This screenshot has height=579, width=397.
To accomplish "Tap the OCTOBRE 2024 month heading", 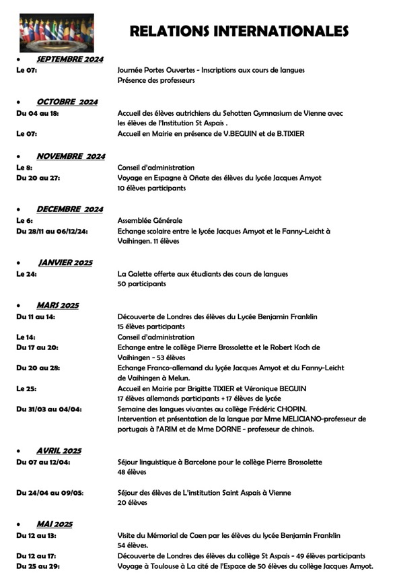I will pyautogui.click(x=67, y=102).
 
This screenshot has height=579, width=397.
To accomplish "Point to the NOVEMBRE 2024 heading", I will pyautogui.click(x=70, y=156).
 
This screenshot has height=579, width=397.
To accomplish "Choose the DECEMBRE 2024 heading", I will pyautogui.click(x=69, y=209).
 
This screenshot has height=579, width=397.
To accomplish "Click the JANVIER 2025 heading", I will pyautogui.click(x=65, y=263).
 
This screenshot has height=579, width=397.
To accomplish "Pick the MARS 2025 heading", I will pyautogui.click(x=57, y=305).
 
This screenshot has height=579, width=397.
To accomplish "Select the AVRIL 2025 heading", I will pyautogui.click(x=59, y=450).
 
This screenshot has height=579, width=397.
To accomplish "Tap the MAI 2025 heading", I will pyautogui.click(x=55, y=524).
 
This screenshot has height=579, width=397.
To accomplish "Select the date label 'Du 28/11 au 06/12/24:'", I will pyautogui.click(x=57, y=231).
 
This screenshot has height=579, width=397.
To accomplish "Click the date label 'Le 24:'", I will pyautogui.click(x=26, y=273).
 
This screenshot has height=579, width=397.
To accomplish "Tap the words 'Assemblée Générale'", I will pyautogui.click(x=149, y=220).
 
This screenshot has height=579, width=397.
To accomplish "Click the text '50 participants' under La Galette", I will pyautogui.click(x=141, y=284).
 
